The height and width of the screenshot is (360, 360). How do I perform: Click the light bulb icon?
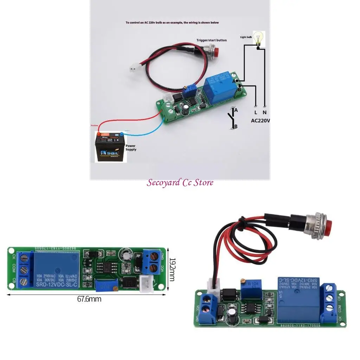(259, 38)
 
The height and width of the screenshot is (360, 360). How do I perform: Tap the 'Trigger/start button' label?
(211, 40)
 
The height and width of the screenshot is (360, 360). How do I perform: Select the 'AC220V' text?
(261, 120)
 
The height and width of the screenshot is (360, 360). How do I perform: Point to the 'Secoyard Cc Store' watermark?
(180, 182)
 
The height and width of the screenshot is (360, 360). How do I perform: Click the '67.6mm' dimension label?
(89, 299)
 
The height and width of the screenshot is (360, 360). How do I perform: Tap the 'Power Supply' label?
(130, 147)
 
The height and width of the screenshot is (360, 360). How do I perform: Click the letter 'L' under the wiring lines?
(256, 113)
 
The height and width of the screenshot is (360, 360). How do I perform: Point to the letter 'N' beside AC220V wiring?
(264, 113)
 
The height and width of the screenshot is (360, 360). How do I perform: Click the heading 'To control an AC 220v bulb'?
(172, 22)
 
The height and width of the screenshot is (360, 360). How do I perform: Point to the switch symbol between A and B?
(232, 118)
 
